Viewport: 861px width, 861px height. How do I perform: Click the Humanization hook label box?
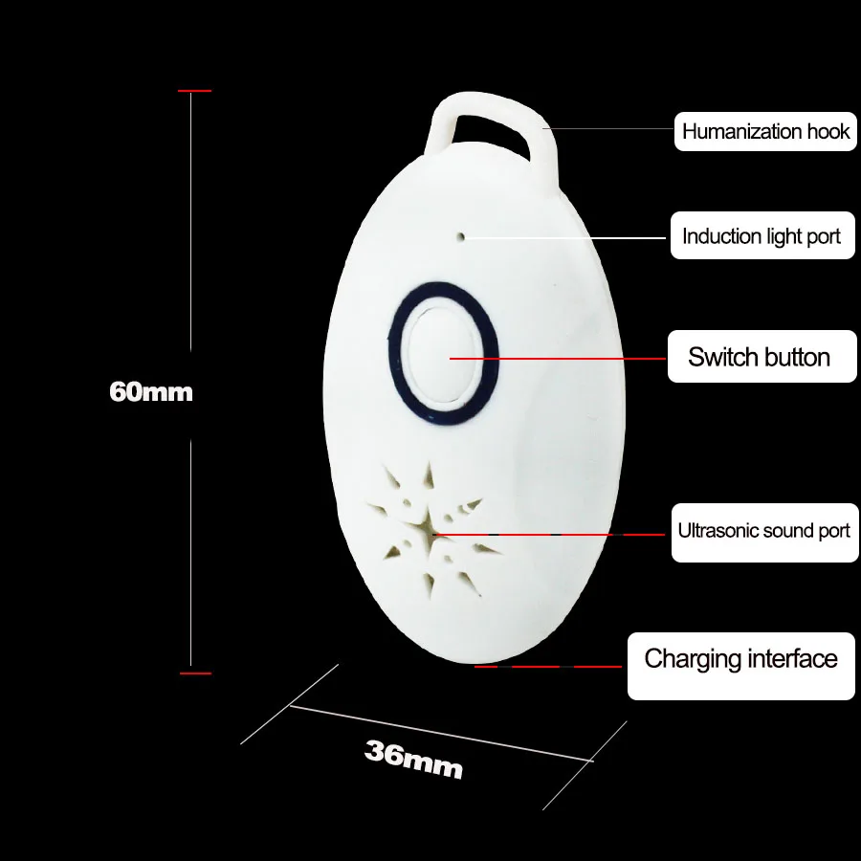764,131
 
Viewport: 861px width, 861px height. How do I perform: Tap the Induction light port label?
762,236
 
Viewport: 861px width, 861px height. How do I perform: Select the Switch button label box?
762,357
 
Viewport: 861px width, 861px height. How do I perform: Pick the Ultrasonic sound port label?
763,531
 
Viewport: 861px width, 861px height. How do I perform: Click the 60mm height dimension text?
151,391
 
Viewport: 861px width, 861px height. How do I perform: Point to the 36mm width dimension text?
413,760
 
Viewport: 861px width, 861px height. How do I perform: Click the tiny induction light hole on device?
461,235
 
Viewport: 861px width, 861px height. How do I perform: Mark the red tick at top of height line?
194,91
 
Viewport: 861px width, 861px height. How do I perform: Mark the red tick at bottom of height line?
195,673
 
